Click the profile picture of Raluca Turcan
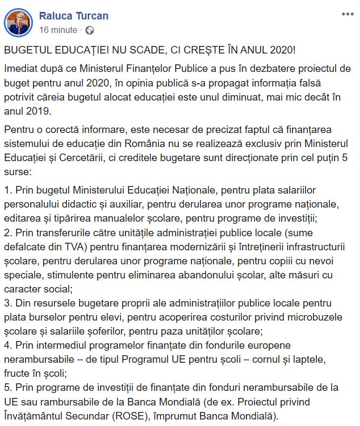pos(20,22)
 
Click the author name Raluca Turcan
pos(74,16)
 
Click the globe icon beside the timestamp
pos(90,29)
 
